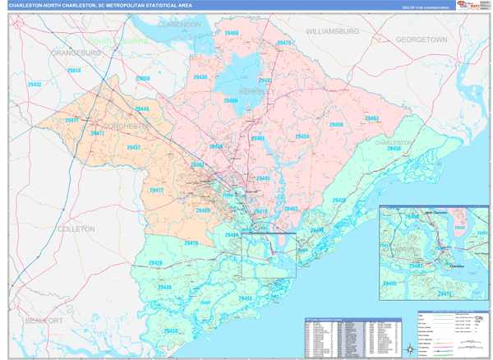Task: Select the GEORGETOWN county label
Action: [x=421, y=39]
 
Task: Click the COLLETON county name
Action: [x=78, y=229]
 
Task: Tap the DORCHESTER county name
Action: [x=126, y=126]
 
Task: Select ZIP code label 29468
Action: [x=231, y=33]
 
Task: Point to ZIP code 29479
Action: [x=284, y=42]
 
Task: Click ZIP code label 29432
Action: [x=35, y=84]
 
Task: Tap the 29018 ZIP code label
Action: [x=73, y=71]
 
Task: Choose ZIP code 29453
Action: [x=372, y=118]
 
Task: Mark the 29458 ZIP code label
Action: [x=383, y=149]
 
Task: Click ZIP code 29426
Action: [x=154, y=263]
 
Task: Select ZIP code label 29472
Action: [x=156, y=190]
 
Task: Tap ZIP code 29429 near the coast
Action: [x=339, y=201]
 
